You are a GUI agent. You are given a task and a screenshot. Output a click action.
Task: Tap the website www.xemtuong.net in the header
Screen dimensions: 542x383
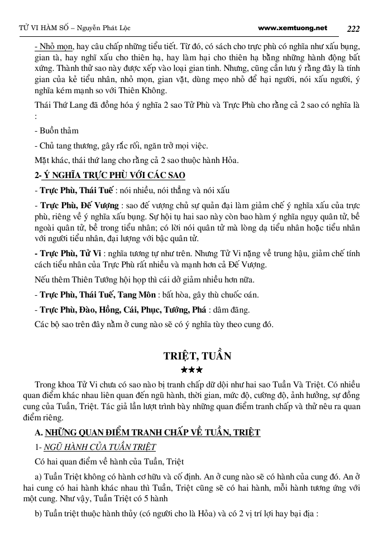(x=293, y=27)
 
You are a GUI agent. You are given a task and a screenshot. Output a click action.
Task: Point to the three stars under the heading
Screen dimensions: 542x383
(x=191, y=370)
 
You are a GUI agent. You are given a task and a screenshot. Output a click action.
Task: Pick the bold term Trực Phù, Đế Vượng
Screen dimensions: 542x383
(x=79, y=205)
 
